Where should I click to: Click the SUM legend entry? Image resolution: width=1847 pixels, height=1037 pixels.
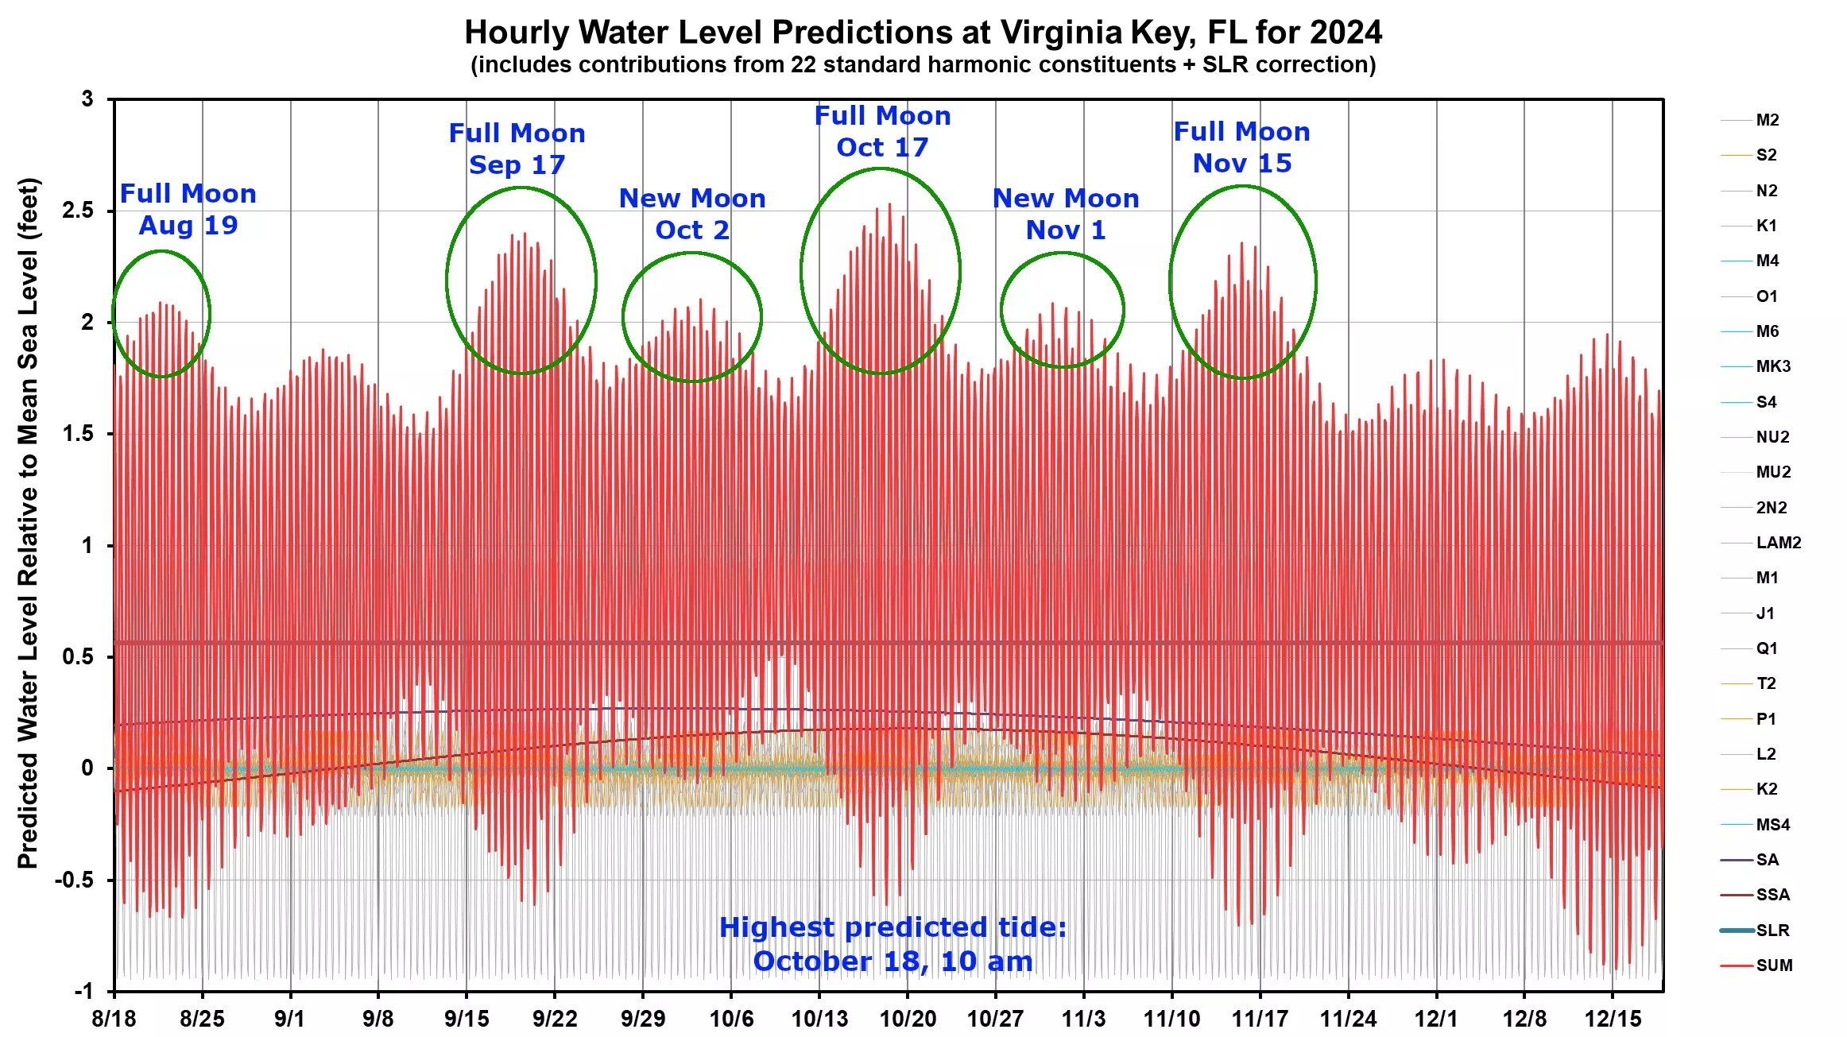[x=1773, y=965]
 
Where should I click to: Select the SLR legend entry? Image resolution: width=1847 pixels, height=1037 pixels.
[x=1772, y=931]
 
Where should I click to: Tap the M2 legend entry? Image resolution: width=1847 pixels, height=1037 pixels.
[x=1767, y=120]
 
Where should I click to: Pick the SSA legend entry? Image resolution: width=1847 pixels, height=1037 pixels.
[x=1772, y=895]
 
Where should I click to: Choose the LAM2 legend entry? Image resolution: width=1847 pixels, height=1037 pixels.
[x=1778, y=543]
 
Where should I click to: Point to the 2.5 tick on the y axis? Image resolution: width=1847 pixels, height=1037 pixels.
[x=77, y=211]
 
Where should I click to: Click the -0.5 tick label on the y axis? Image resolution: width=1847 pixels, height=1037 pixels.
[x=74, y=880]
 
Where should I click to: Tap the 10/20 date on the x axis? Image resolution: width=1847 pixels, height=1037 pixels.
[x=908, y=1019]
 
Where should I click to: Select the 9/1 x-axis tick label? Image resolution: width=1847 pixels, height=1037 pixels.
[x=290, y=1019]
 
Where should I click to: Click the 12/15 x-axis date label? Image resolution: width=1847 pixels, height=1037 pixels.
[x=1613, y=1019]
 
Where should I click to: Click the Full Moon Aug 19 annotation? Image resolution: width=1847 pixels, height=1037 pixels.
[x=188, y=210]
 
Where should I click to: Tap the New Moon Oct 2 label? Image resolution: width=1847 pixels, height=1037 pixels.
[x=692, y=215]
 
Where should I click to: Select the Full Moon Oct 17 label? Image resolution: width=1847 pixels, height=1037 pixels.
[x=882, y=132]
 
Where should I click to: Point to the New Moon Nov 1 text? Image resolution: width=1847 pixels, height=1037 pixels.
[x=1066, y=215]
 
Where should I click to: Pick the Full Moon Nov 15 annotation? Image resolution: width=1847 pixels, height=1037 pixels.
[x=1241, y=148]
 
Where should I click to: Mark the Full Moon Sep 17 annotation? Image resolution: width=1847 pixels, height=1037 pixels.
[x=517, y=149]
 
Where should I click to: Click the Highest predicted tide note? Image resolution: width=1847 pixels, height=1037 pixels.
[x=893, y=945]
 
